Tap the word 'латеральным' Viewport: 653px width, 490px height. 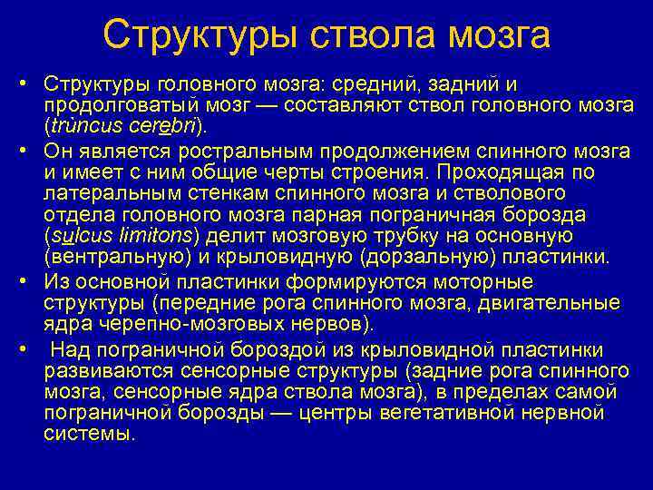101,192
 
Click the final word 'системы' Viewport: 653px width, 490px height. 87,434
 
